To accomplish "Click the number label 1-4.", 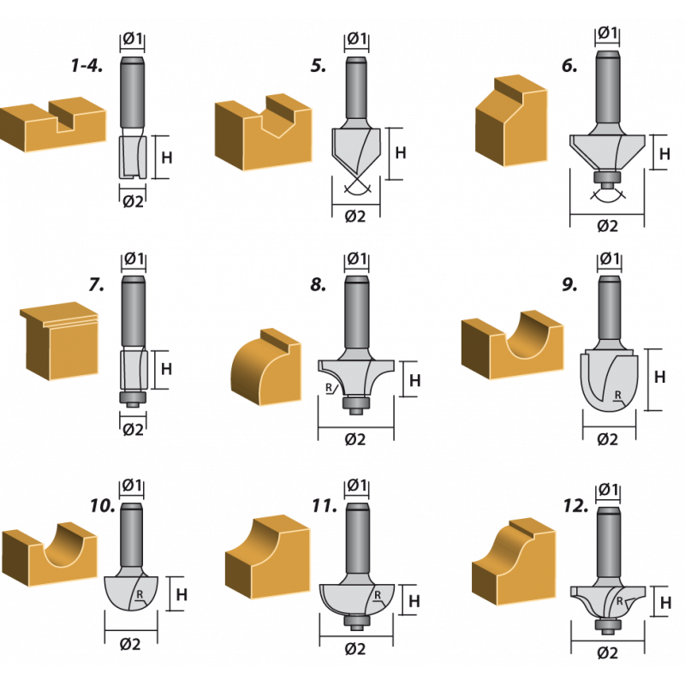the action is [87, 66].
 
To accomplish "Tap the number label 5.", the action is [319, 66].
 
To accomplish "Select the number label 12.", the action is [575, 506].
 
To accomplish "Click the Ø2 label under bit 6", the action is [607, 226].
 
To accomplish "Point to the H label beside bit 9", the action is [659, 377].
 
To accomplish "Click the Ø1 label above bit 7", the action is [134, 259].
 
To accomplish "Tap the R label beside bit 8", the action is [329, 388].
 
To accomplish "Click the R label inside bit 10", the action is [140, 594].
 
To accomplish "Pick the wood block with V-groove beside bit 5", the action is [264, 132].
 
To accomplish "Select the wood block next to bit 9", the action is [512, 345].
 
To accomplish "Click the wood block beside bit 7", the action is [59, 341].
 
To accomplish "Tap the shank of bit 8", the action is [357, 312].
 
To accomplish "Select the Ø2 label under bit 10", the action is [130, 644].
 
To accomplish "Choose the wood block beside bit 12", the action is [515, 562].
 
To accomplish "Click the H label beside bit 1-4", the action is [167, 158].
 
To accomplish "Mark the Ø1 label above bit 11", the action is [357, 485].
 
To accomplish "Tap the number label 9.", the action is [569, 285].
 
